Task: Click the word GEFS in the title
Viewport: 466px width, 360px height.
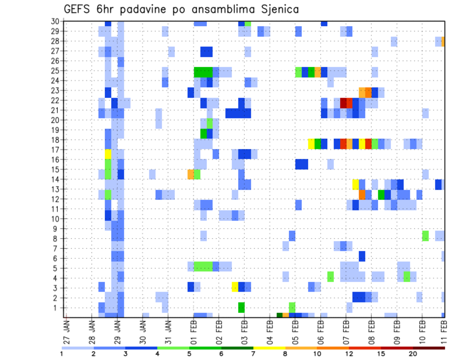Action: [77, 9]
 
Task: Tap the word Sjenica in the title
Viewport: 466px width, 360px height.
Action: [279, 9]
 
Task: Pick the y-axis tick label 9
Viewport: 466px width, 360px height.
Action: [57, 229]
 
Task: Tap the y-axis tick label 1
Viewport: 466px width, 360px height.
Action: [57, 308]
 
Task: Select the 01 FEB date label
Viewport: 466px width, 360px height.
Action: [194, 329]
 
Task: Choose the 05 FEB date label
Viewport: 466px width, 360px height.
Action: [295, 329]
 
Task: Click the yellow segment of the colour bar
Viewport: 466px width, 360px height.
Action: [269, 348]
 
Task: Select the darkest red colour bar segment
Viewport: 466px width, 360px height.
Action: [429, 348]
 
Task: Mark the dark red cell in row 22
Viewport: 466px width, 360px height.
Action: [343, 103]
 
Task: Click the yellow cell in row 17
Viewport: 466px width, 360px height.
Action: [108, 154]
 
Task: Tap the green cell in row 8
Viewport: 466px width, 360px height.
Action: [426, 236]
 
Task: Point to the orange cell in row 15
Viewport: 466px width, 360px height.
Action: [191, 174]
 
